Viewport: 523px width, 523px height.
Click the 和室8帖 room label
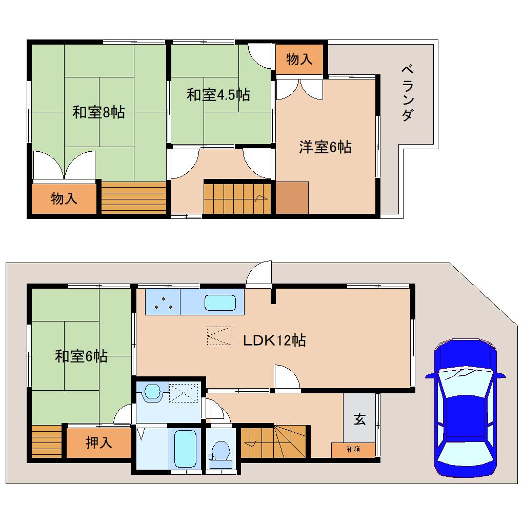98,112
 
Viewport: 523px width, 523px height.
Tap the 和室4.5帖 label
218,95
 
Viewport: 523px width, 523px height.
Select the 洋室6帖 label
325,147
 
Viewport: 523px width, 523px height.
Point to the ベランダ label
407,93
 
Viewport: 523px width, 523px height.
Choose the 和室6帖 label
81,356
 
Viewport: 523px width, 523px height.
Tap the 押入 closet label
98,442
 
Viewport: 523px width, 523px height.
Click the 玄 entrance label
359,419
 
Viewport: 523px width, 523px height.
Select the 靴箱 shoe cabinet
353,450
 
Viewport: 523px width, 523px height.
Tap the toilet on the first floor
221,452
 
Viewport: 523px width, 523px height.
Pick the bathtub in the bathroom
185,448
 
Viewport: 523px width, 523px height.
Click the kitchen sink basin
220,303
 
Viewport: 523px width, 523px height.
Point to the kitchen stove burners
163,303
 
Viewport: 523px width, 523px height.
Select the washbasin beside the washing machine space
152,392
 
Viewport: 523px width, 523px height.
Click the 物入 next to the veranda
299,59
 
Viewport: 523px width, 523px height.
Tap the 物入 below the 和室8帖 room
64,198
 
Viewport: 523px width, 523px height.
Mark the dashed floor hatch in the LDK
219,336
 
